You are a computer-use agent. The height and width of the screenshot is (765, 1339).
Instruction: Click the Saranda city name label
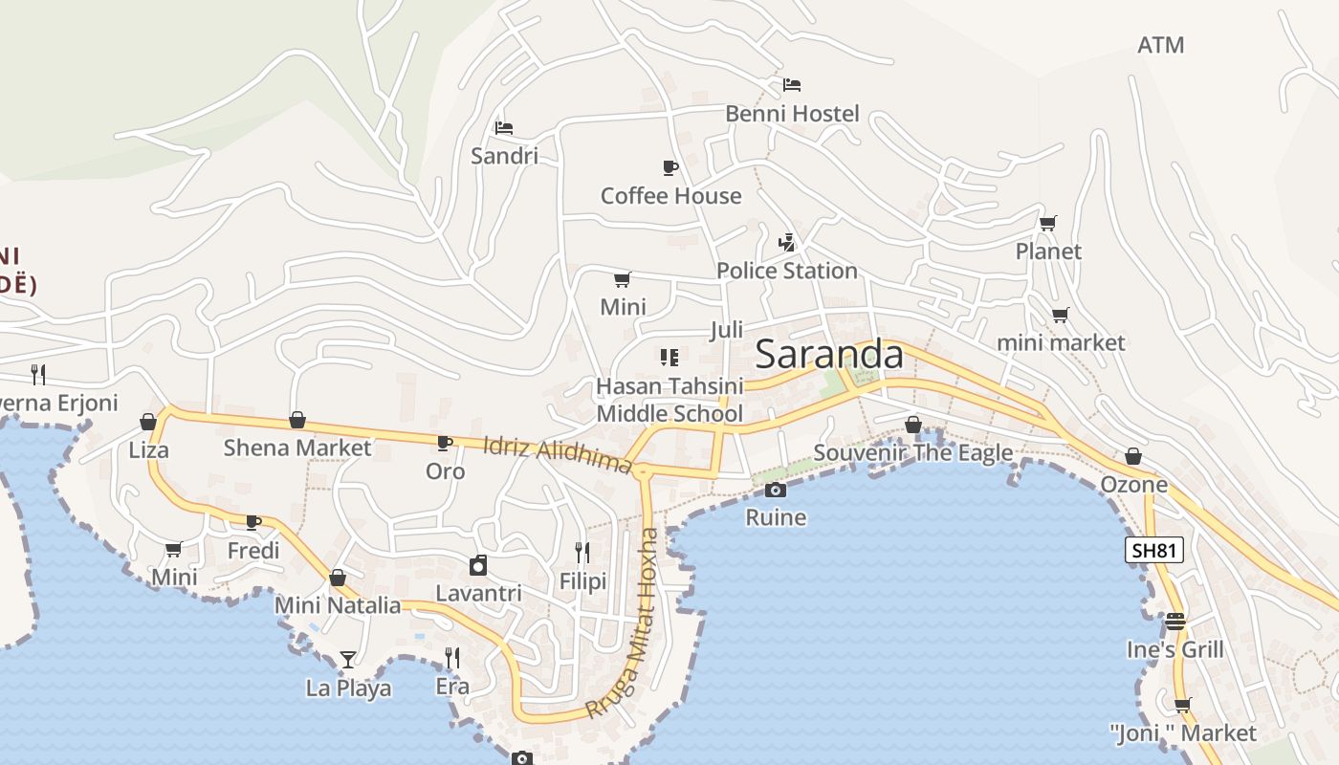[x=828, y=355]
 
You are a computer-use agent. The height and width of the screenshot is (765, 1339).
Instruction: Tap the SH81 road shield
[x=1154, y=550]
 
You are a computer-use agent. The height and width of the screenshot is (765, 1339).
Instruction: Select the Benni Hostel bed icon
[x=791, y=85]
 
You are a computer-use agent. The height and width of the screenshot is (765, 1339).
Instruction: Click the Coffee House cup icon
[x=670, y=167]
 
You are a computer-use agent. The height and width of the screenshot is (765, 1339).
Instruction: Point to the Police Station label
[x=786, y=271]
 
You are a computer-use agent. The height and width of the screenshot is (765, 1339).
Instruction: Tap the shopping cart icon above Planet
[x=1048, y=223]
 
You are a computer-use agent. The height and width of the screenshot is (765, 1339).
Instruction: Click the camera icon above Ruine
[x=776, y=491]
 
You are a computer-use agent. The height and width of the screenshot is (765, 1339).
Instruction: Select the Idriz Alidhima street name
[x=558, y=454]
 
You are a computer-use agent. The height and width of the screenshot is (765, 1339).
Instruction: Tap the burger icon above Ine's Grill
[x=1174, y=622]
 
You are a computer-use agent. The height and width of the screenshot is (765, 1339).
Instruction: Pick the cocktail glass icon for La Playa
[x=348, y=659]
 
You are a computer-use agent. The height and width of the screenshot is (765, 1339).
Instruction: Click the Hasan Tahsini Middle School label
[x=669, y=400]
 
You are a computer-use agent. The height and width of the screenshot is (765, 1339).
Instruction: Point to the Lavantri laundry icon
[x=478, y=565]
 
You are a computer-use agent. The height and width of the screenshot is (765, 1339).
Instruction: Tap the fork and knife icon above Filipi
[x=582, y=552]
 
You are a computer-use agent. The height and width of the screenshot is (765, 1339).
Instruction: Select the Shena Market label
[x=296, y=448]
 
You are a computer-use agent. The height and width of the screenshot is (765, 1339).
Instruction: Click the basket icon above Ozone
[x=1133, y=456]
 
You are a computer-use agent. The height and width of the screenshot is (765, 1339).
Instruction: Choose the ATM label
[x=1160, y=45]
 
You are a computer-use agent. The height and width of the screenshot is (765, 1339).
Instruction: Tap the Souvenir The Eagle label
[x=912, y=452]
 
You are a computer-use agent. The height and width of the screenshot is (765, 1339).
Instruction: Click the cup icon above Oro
[x=445, y=443]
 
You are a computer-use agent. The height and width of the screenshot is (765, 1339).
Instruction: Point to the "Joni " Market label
[x=1182, y=733]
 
